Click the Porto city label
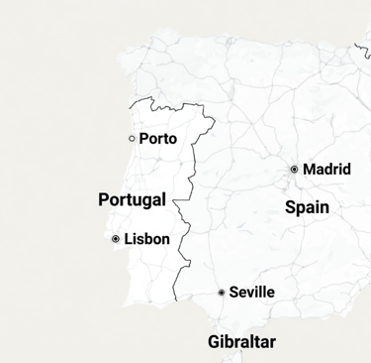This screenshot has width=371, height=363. point(158,139)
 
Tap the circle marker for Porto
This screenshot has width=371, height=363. point(133,139)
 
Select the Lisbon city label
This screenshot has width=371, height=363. point(147,239)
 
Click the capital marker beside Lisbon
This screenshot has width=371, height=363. point(116,239)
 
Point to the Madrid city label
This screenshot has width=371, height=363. point(326,170)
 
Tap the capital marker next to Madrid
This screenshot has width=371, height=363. point(295,170)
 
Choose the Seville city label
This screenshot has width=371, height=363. point(251,293)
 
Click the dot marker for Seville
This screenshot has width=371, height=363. point(222,293)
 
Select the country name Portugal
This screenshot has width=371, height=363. point(132,200)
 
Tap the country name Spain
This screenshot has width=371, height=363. point(307,208)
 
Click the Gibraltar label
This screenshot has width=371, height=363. point(242,342)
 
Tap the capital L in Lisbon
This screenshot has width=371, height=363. point(128,239)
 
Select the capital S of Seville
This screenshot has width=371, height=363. point(233,293)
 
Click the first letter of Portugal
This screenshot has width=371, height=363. point(104,200)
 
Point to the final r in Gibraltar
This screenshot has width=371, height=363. point(274,343)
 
